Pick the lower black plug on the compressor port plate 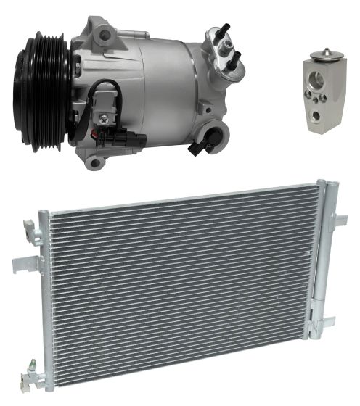(234, 62)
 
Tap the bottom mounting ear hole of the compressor (92, 161)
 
